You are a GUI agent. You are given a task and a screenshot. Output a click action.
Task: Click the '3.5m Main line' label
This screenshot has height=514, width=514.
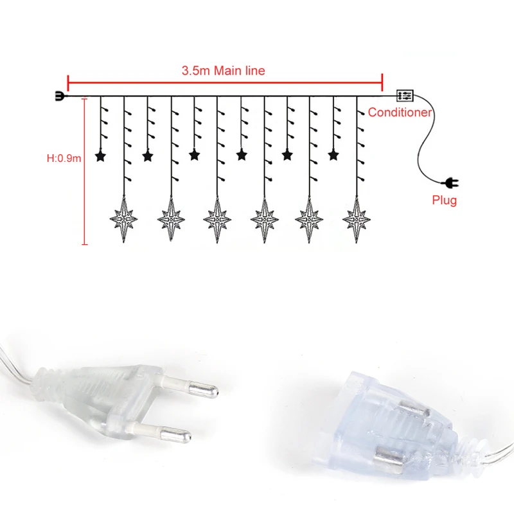tap(223, 71)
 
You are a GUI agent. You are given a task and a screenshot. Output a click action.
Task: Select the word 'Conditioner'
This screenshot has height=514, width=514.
tap(400, 112)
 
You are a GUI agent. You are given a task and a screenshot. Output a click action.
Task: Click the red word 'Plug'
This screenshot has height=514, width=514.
tap(444, 200)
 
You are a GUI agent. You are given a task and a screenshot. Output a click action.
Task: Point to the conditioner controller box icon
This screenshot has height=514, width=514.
tap(405, 96)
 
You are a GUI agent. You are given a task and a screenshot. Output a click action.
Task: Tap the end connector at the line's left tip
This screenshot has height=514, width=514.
tap(59, 97)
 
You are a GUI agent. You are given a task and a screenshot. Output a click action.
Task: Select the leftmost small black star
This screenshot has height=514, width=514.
tap(100, 155)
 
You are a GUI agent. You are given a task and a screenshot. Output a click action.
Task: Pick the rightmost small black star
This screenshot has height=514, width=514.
tap(333, 155)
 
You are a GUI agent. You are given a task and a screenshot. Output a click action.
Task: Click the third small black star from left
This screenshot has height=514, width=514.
tap(193, 155)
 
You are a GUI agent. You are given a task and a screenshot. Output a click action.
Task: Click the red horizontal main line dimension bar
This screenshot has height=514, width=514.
tap(225, 83)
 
